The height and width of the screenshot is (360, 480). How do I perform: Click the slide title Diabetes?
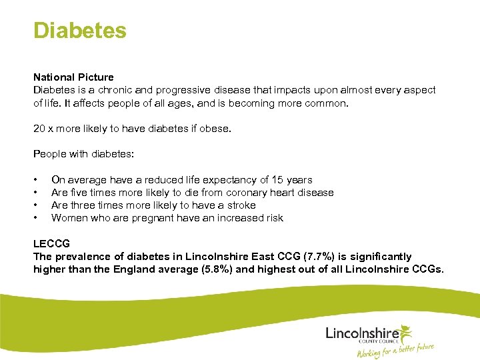79,31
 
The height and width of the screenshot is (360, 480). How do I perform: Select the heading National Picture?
73,77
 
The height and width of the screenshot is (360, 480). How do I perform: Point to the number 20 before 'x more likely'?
39,129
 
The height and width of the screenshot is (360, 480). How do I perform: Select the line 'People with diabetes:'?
83,154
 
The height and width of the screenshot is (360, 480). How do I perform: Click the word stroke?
241,205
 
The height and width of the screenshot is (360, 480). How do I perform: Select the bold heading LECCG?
51,244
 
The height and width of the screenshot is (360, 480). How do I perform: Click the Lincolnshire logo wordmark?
362,331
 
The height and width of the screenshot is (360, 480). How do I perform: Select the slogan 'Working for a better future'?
395,350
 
